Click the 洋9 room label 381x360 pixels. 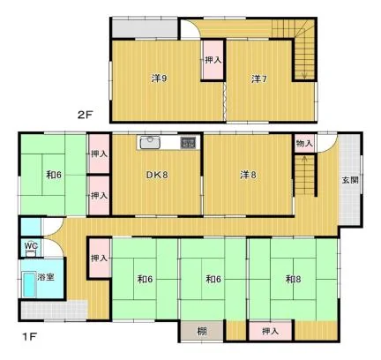coord(160,79)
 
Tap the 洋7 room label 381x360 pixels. coord(259,79)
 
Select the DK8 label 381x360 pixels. coord(157,175)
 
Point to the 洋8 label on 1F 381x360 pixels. coord(248,175)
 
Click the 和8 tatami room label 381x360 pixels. coord(293,279)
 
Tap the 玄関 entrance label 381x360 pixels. coord(350,180)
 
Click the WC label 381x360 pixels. coord(31,245)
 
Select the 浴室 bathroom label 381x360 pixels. coord(46,277)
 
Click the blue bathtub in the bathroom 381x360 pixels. coord(29,285)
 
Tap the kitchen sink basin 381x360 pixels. coord(150,143)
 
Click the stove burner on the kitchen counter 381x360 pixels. coord(188,143)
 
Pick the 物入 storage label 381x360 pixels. coord(304,144)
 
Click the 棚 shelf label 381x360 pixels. coord(202,332)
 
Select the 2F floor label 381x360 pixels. coord(85,115)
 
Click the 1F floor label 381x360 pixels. coord(29,336)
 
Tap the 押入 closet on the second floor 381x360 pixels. coord(213,60)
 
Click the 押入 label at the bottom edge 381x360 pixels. coord(270,332)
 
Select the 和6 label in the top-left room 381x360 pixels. coord(54,175)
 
